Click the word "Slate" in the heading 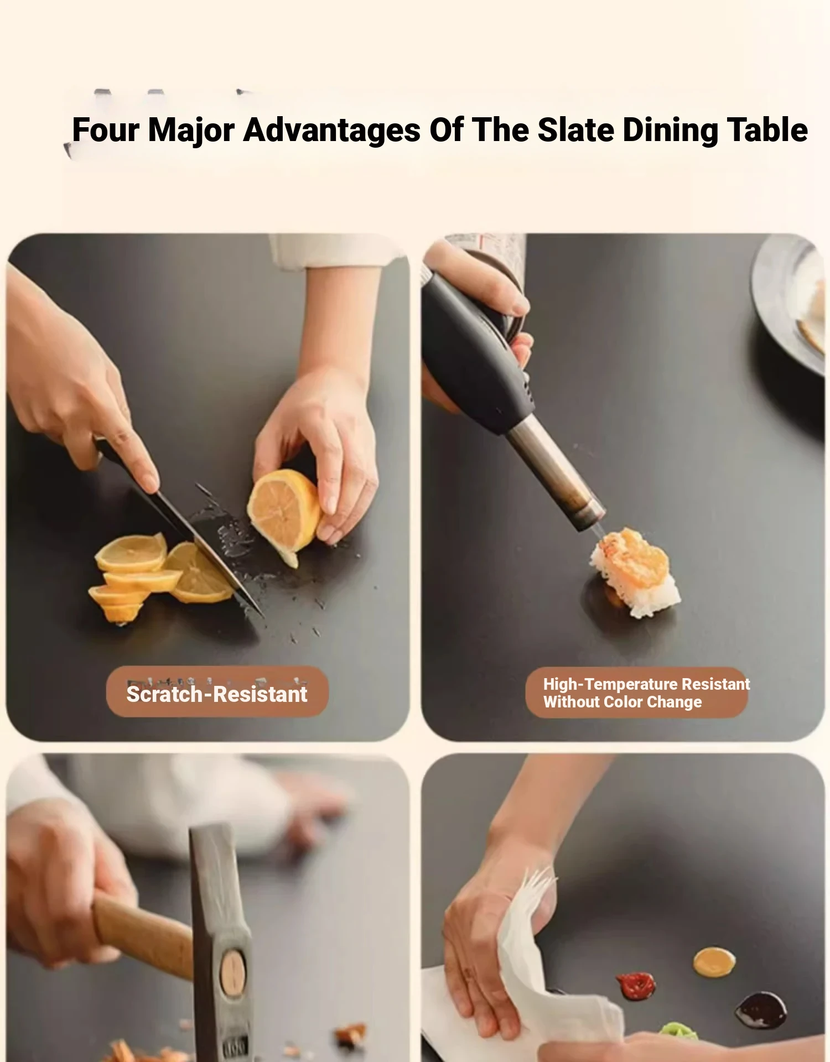coord(576,130)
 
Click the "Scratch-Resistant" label coord(217,694)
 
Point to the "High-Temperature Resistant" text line coord(646,684)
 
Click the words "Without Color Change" coord(622,702)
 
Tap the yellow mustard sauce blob coord(714,962)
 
